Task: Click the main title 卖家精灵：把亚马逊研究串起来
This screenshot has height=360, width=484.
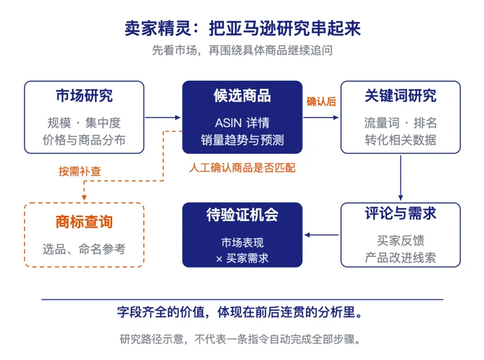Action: pos(242,28)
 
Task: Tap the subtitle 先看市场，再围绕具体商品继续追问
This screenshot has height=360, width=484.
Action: pos(242,50)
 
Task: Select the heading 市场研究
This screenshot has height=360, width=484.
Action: pos(84,96)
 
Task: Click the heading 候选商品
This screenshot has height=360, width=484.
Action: pos(242,96)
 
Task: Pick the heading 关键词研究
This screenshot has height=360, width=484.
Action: pos(400,96)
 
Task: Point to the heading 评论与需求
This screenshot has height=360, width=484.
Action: pos(400,213)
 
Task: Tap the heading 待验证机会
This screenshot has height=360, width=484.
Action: pos(242,215)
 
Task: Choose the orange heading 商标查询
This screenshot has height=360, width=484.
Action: pos(84,222)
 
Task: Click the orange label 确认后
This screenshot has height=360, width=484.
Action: pos(321,102)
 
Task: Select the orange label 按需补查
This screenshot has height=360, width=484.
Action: pos(80,171)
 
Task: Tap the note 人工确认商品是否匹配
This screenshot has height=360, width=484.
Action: pos(242,168)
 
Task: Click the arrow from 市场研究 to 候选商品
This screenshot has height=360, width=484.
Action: pos(163,117)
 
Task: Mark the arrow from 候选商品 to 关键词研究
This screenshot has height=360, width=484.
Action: pos(321,117)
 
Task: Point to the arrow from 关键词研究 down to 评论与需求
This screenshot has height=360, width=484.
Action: pos(401,178)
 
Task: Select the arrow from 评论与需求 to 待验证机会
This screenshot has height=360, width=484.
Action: pos(321,235)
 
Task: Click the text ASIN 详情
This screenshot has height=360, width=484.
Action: pos(242,123)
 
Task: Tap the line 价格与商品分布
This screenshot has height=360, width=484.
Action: pos(84,140)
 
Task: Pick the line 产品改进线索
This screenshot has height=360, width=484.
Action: pos(400,257)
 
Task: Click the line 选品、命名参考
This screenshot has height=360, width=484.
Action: pos(84,249)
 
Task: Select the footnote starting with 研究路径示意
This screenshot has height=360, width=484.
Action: pos(240,339)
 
